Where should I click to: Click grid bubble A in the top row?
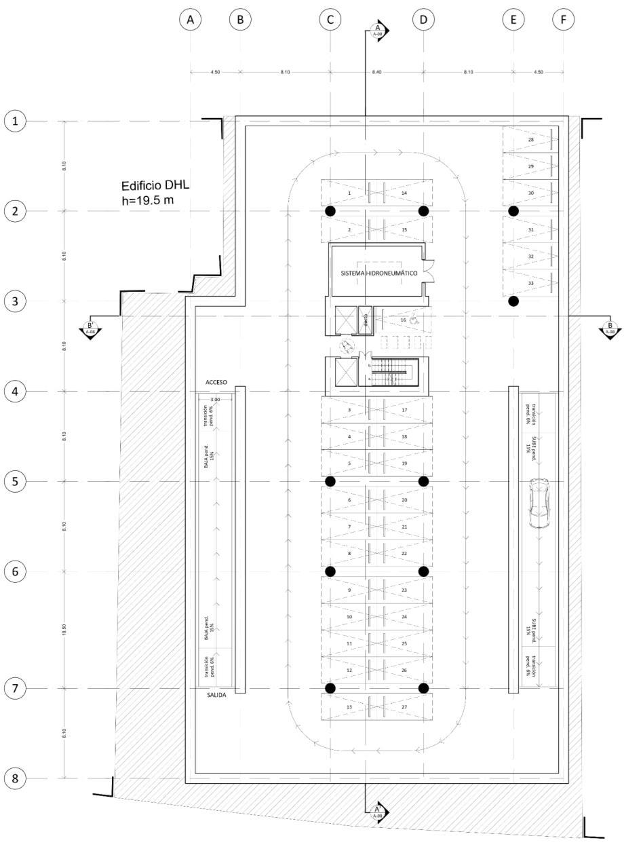(191, 20)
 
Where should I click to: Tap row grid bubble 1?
(15, 121)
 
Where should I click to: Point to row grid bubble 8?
(15, 778)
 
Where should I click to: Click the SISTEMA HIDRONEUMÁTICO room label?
(378, 272)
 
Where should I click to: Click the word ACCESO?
(216, 383)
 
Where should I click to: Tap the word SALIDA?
(216, 695)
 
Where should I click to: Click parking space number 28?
(530, 140)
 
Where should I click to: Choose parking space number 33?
(530, 283)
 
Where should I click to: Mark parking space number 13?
(349, 706)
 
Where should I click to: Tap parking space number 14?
(404, 193)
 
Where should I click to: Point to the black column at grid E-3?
(513, 301)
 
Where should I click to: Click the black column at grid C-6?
(330, 571)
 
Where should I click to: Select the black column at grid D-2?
(423, 211)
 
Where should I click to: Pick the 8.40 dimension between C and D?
(376, 71)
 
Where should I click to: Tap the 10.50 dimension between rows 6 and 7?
(64, 630)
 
